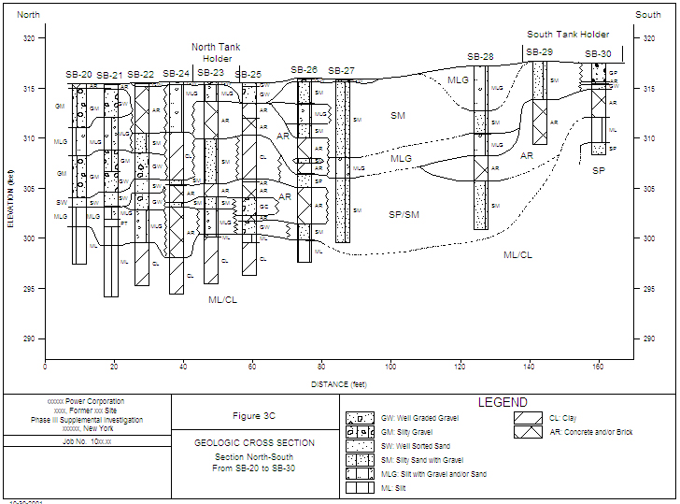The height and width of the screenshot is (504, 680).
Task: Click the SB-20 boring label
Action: tap(79, 75)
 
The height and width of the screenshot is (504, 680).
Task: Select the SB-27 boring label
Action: tap(342, 71)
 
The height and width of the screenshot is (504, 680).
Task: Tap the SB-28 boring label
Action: tap(481, 57)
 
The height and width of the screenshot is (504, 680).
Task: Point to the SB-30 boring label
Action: tap(599, 54)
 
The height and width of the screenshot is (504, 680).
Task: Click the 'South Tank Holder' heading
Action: tap(568, 35)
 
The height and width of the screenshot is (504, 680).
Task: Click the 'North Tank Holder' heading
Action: tap(216, 52)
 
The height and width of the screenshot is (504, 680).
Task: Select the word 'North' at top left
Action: tap(29, 15)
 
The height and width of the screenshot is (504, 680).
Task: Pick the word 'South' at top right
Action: tap(648, 15)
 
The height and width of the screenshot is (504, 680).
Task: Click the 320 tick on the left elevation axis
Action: tap(31, 38)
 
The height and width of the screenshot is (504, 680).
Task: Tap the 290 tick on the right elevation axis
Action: tap(646, 339)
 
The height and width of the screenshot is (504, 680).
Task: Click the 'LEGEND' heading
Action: tap(503, 402)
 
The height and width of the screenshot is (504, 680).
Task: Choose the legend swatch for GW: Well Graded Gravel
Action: tap(360, 418)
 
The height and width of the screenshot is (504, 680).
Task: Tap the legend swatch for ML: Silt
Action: tap(360, 488)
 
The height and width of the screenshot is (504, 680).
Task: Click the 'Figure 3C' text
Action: tap(254, 415)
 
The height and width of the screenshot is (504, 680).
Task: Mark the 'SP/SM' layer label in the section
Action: tap(404, 215)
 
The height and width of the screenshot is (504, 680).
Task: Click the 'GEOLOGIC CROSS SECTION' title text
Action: tap(254, 442)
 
